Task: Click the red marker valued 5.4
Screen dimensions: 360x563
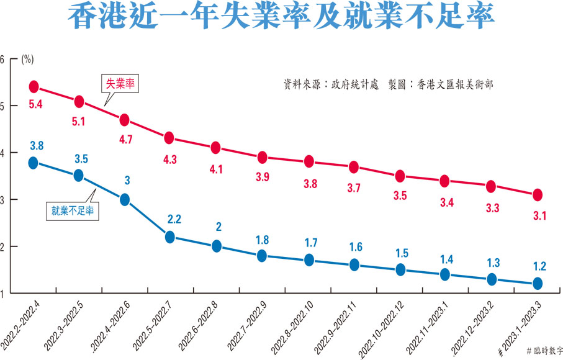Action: click(34, 86)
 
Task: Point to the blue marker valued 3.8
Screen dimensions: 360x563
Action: click(34, 163)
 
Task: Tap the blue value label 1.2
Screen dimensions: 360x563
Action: click(538, 267)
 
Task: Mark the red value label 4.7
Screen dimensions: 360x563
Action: click(124, 140)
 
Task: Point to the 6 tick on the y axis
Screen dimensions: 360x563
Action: click(2, 60)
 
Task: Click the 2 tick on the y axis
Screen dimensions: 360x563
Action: click(2, 247)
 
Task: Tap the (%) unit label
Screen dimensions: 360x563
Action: click(27, 60)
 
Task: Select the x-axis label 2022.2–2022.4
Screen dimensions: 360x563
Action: click(21, 323)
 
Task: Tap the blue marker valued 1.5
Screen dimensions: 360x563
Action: click(400, 270)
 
